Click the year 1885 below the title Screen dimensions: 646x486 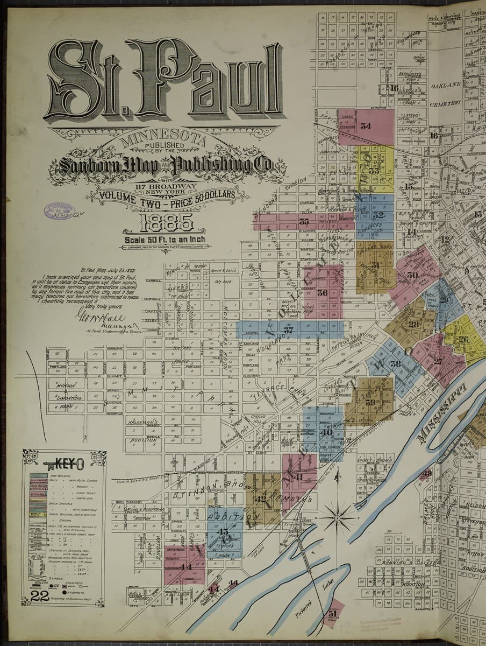click(x=166, y=221)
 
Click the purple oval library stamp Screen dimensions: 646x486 click(x=58, y=210)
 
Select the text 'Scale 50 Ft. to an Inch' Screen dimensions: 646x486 click(x=166, y=240)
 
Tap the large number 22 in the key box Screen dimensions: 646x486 click(x=40, y=596)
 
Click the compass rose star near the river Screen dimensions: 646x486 click(x=337, y=518)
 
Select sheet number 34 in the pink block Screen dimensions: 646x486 click(x=366, y=127)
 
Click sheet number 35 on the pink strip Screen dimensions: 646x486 click(x=304, y=221)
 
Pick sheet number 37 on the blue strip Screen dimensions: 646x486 click(x=289, y=329)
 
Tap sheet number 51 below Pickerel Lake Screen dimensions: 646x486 click(x=332, y=613)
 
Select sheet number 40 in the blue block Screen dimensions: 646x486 click(x=326, y=432)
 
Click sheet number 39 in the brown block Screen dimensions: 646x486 click(x=370, y=402)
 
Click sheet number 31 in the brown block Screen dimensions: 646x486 click(x=375, y=265)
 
